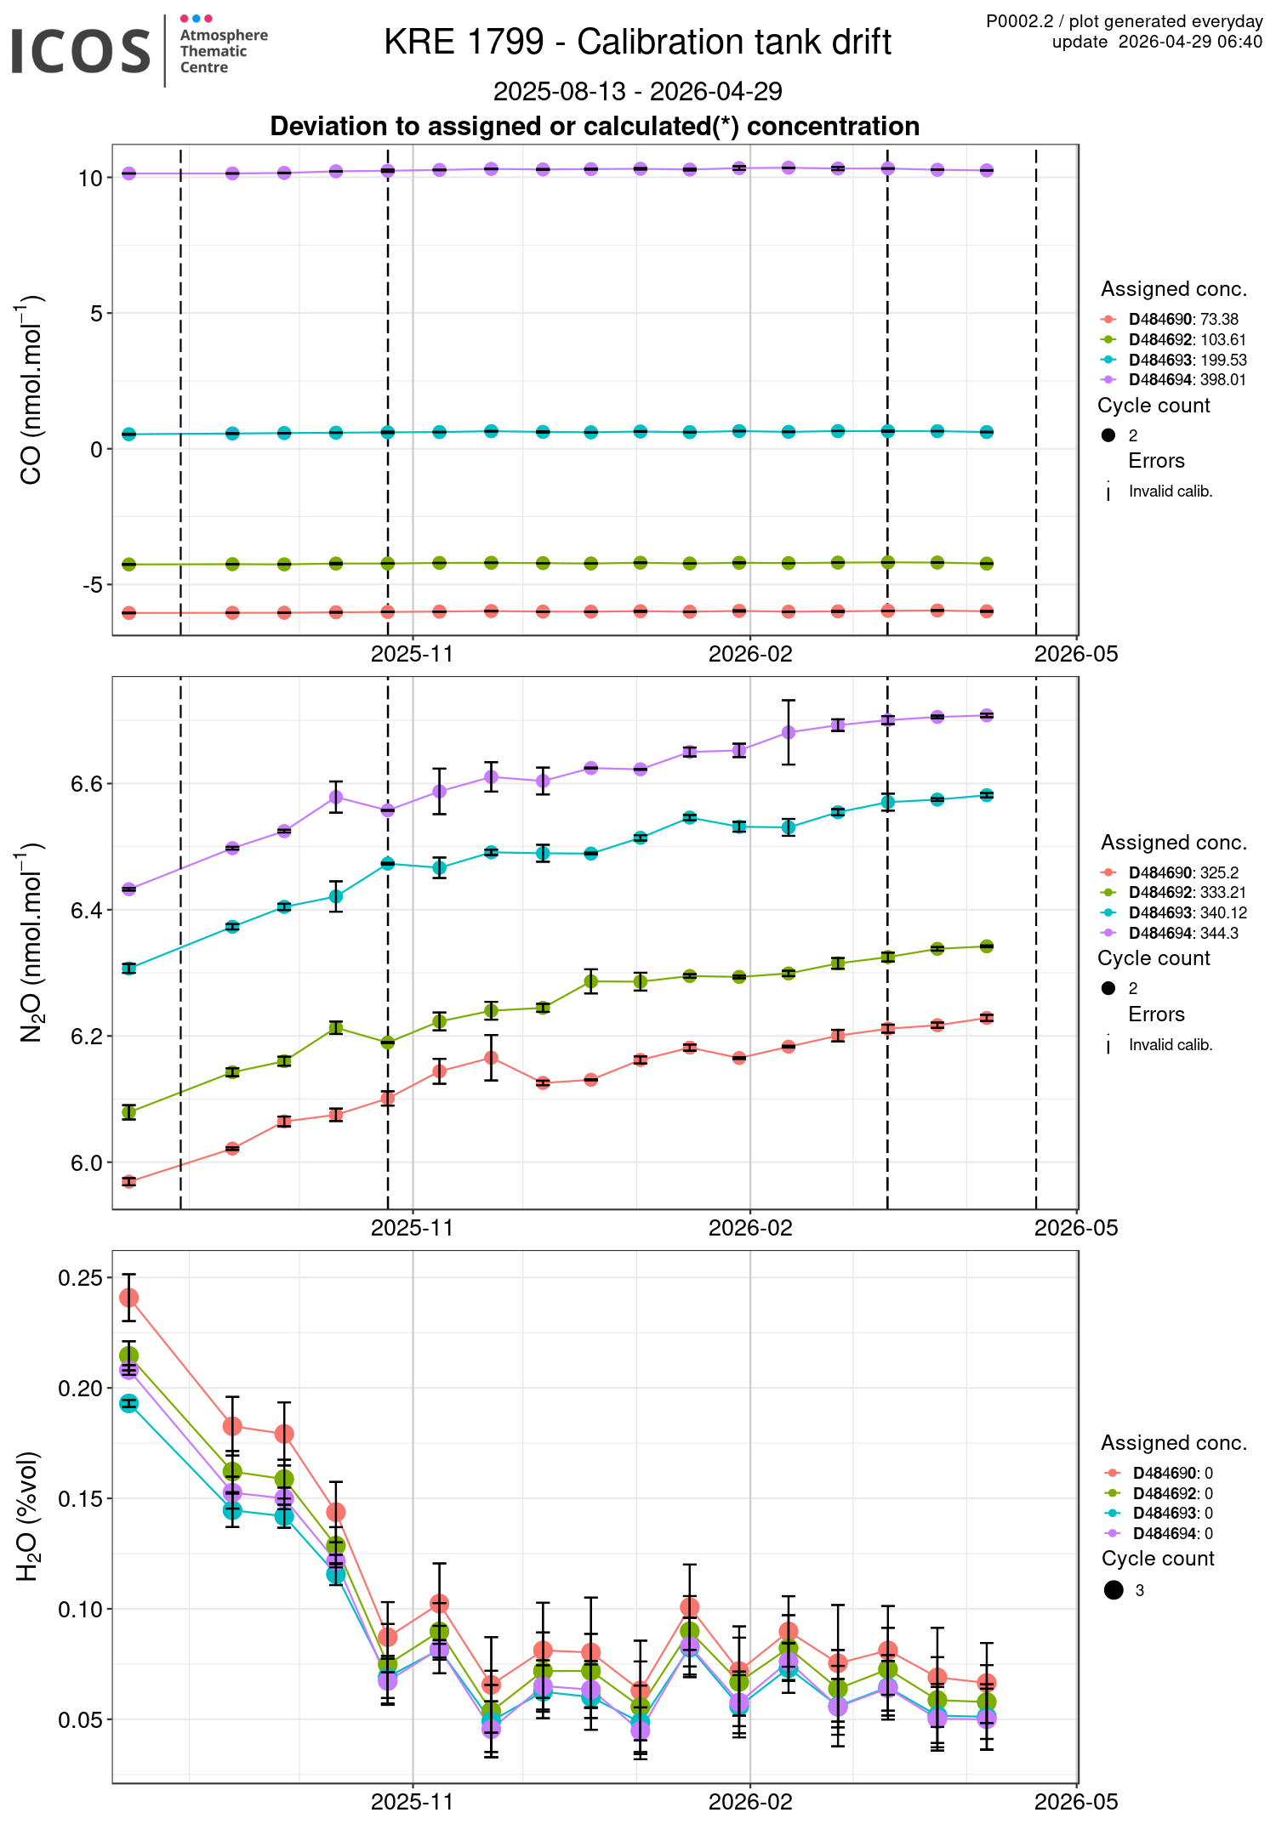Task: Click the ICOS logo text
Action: tap(81, 51)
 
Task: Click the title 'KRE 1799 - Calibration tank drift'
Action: tap(637, 42)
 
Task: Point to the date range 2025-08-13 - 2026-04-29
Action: tap(637, 91)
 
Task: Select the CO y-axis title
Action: tap(31, 390)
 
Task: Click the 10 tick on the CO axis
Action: tap(90, 179)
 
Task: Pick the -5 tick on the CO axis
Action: tap(92, 585)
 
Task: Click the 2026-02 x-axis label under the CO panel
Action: tap(749, 654)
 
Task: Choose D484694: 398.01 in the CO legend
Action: tap(1187, 380)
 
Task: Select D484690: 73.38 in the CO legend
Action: tap(1183, 320)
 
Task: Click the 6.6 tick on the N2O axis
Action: tap(87, 784)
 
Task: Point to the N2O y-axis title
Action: tap(31, 942)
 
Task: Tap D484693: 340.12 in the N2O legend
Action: tap(1188, 913)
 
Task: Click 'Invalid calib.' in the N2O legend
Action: tap(1170, 1045)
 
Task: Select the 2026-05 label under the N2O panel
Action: tap(1075, 1228)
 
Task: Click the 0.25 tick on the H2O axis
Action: tap(81, 1279)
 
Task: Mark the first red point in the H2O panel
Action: tap(128, 1298)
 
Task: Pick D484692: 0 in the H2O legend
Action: tap(1172, 1493)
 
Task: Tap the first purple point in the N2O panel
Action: tap(128, 889)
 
